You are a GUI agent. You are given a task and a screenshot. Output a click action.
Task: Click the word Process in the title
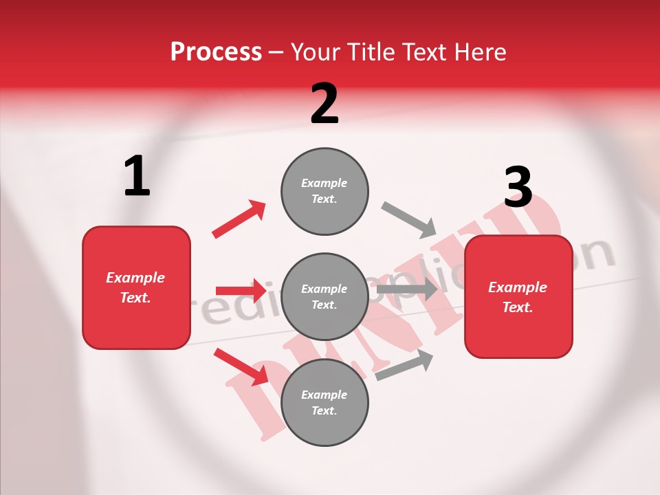[216, 52]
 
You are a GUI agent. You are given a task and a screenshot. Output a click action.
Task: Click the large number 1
[137, 177]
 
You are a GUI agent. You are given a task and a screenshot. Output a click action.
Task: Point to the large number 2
[324, 104]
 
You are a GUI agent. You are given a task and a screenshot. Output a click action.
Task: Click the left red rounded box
[136, 287]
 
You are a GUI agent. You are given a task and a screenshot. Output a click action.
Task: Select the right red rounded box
[518, 297]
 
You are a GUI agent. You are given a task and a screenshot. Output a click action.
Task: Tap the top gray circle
[324, 191]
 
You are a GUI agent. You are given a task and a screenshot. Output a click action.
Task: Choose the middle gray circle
[324, 297]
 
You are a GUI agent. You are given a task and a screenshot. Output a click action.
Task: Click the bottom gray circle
[324, 403]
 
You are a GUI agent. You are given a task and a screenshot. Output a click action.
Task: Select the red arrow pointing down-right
[241, 366]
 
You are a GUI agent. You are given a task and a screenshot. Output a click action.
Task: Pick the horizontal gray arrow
[407, 289]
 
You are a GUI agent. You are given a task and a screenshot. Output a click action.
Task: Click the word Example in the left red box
[135, 278]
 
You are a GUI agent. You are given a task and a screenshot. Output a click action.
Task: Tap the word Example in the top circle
[324, 183]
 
